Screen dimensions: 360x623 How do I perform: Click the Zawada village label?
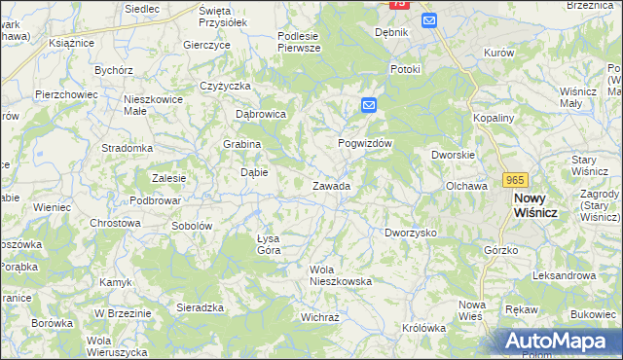(x=331, y=186)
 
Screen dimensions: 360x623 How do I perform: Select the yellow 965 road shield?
(x=516, y=180)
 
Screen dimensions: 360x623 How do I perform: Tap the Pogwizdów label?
(x=364, y=143)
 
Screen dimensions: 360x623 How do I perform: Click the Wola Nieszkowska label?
(x=341, y=275)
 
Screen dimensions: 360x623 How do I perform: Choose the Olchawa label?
(x=465, y=185)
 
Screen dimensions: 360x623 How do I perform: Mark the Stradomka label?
(x=128, y=149)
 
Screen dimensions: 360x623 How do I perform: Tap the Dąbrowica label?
(x=261, y=114)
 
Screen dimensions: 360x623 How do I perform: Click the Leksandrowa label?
(x=565, y=275)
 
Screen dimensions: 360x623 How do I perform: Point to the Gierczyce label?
(x=206, y=45)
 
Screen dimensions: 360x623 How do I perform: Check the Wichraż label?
(x=319, y=317)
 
